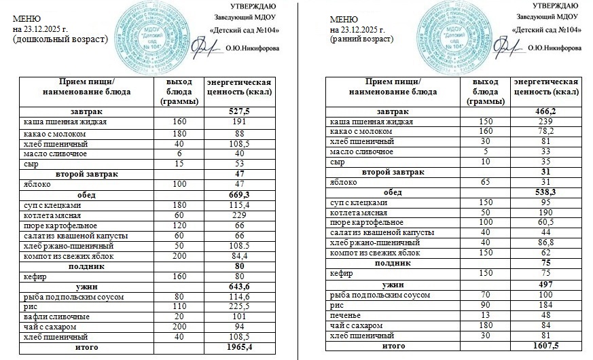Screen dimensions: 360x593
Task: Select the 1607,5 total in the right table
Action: pos(545,345)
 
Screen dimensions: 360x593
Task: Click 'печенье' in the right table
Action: pos(344,315)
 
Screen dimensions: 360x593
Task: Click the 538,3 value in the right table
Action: pos(545,192)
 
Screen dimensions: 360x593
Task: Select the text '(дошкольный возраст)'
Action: pos(60,39)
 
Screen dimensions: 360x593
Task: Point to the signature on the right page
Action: pos(508,46)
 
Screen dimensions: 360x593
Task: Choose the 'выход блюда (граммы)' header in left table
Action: pos(179,91)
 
